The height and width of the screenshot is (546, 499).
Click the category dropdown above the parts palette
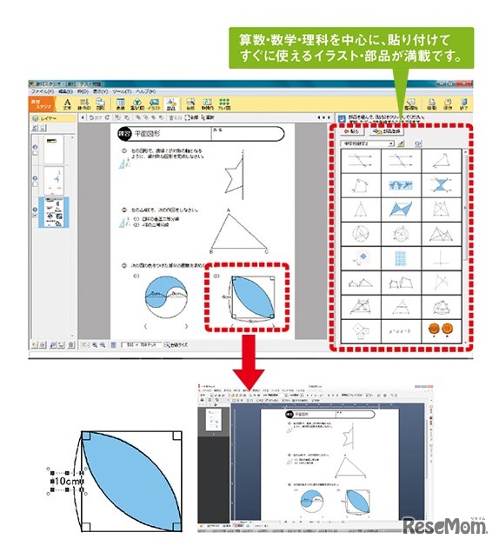(x=369, y=143)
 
